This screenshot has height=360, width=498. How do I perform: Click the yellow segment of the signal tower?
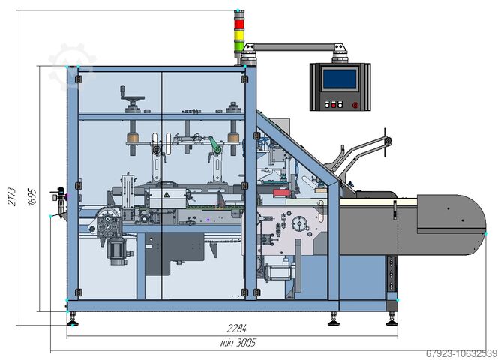[x=240, y=32]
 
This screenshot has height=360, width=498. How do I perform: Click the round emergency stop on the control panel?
[x=355, y=105]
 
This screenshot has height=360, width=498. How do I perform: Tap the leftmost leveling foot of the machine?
[x=73, y=321]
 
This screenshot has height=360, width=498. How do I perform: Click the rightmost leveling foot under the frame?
[x=391, y=321]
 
